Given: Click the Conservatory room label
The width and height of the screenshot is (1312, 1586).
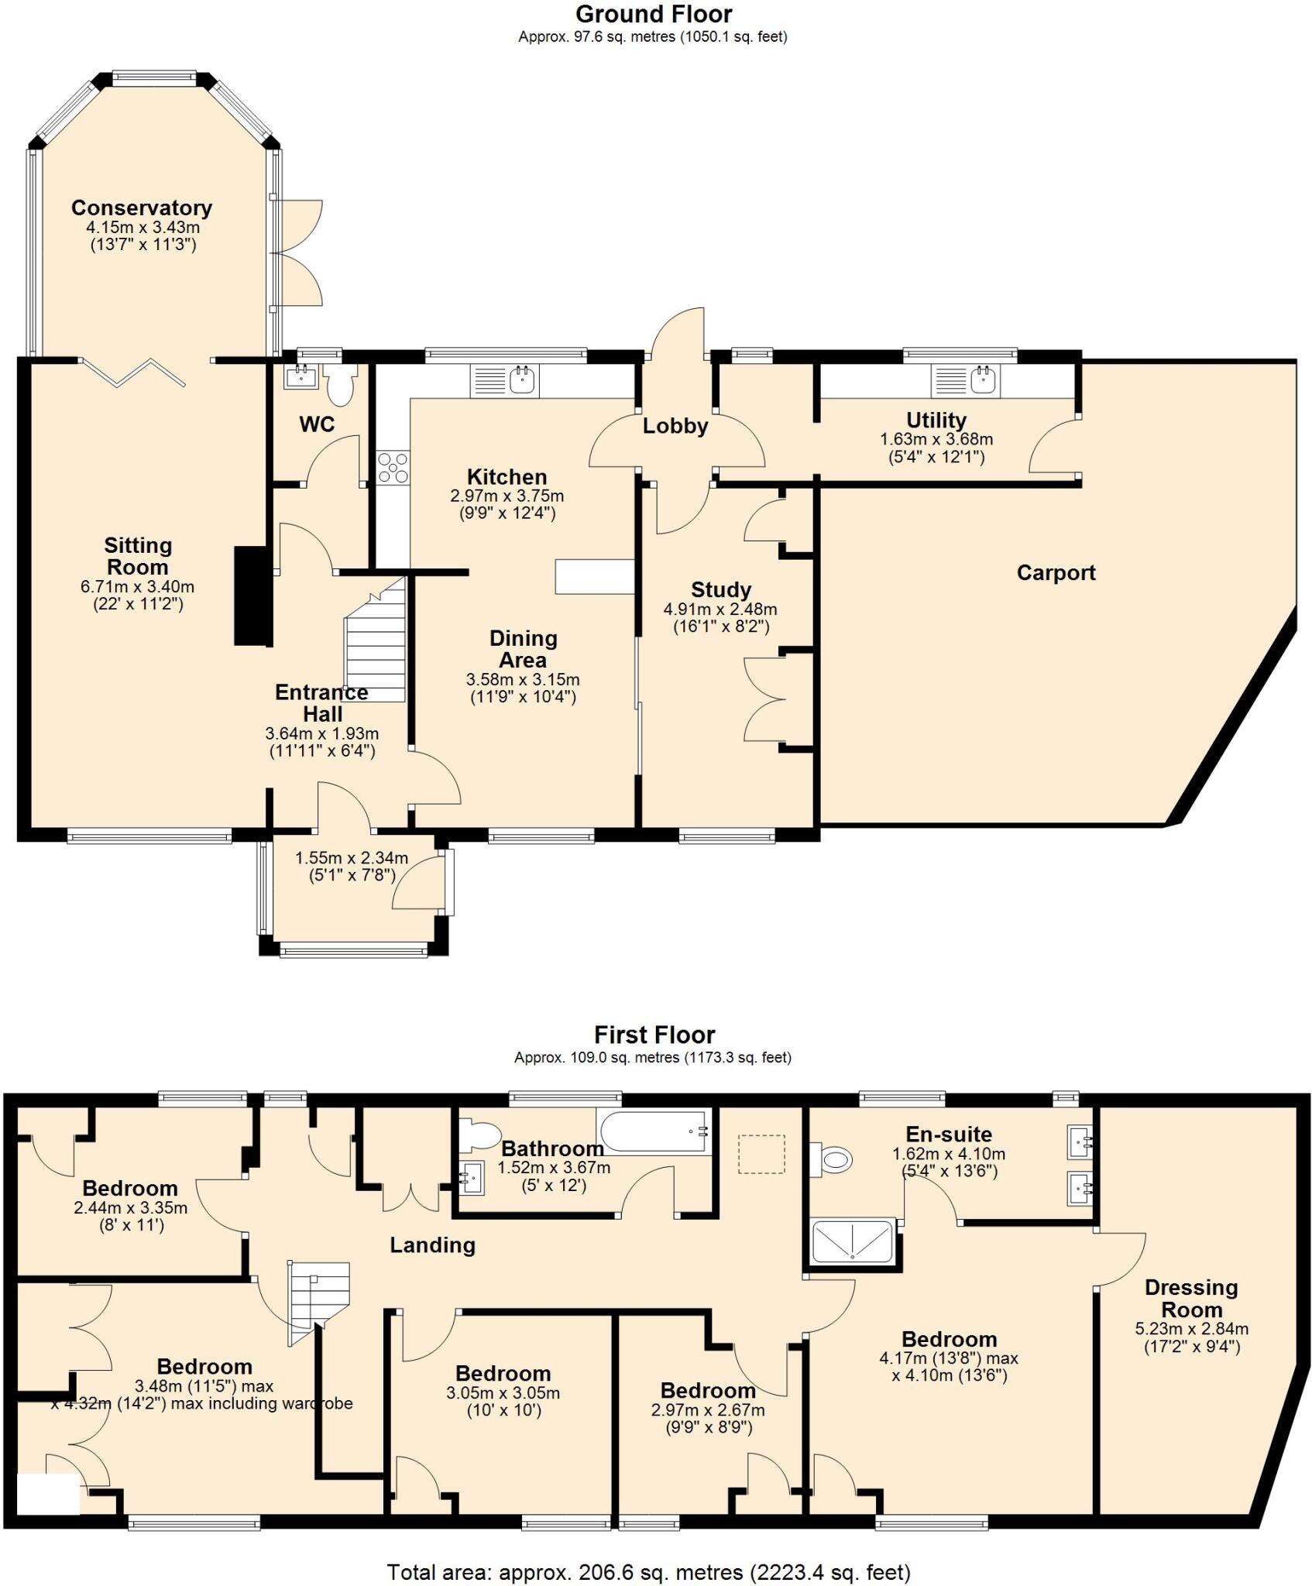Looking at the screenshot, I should tap(141, 208).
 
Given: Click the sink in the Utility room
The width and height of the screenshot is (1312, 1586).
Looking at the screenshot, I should tap(983, 380).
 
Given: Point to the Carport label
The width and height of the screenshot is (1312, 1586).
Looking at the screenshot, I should tap(1056, 573).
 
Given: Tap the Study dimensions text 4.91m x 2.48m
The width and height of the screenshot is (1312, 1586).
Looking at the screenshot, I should tap(720, 609).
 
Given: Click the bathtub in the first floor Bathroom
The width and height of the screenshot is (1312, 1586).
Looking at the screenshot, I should tap(653, 1131).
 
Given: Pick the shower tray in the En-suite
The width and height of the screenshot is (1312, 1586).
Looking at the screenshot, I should tap(852, 1241).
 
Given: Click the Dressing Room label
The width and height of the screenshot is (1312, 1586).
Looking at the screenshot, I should tap(1191, 1299).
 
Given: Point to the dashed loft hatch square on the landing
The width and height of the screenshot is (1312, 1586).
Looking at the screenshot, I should tap(761, 1154).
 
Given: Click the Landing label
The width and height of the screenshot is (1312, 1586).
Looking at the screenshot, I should tap(432, 1245).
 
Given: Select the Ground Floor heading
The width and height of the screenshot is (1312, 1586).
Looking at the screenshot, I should tap(654, 14).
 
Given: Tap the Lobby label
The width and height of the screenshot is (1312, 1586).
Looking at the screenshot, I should tap(675, 426).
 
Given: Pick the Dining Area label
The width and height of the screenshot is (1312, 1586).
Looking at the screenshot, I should tap(523, 649).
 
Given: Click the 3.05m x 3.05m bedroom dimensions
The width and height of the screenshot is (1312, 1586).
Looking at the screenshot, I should tap(503, 1393).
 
